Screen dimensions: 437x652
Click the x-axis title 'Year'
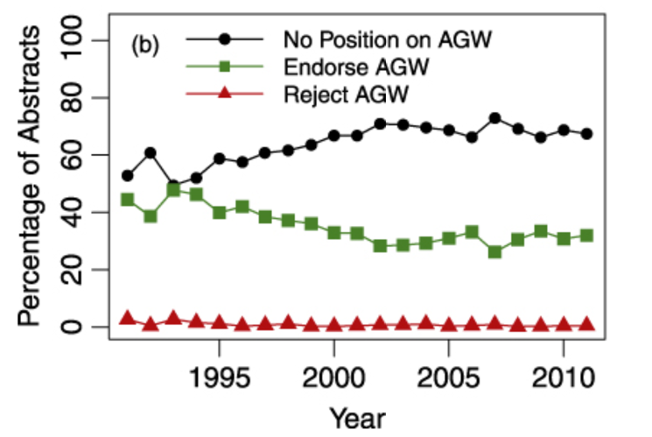coord(356,417)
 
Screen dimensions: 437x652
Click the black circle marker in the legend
coord(226,40)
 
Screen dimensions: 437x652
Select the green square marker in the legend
coord(226,67)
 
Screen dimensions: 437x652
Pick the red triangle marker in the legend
coord(226,93)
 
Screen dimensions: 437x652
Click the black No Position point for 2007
coord(494,118)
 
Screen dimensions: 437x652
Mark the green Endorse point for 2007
coord(494,252)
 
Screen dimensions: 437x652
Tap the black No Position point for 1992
coord(151,153)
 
